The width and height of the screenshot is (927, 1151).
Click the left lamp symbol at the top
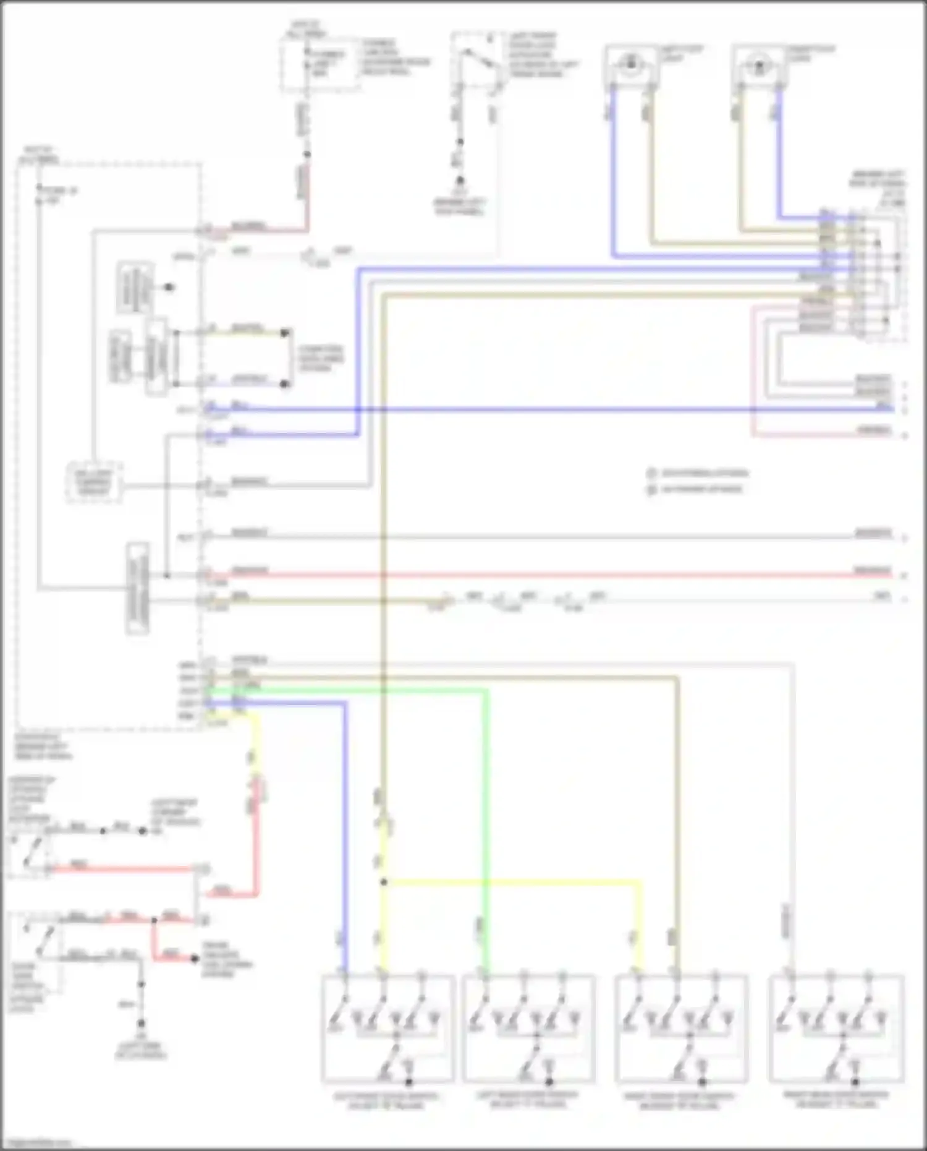(x=630, y=64)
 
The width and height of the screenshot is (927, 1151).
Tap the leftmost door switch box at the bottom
(x=387, y=1028)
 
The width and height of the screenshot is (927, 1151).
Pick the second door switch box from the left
(x=529, y=1028)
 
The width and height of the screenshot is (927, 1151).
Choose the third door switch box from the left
(x=681, y=1028)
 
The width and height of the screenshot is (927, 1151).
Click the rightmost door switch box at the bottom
(x=836, y=1028)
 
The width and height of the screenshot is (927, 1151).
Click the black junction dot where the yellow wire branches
(x=384, y=882)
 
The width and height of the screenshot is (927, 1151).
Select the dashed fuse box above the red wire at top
(x=321, y=64)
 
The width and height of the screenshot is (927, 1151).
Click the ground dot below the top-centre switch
(x=460, y=181)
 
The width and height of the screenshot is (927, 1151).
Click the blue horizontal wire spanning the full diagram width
(x=556, y=409)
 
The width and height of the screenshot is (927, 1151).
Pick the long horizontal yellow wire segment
(x=513, y=882)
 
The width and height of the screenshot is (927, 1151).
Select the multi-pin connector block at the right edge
(x=859, y=275)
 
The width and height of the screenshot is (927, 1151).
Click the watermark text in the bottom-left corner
(x=37, y=1143)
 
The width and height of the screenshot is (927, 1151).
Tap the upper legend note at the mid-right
(x=698, y=474)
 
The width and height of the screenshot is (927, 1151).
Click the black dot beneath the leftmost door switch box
(x=408, y=1082)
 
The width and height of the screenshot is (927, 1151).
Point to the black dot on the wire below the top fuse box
(x=307, y=155)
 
